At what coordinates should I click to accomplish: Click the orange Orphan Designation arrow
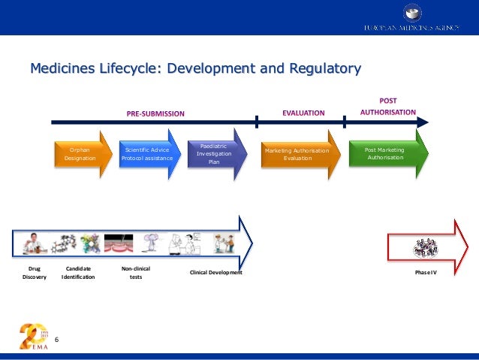coord(80,154)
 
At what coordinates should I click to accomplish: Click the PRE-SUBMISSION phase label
coord(155,113)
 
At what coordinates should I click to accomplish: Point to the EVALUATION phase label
coord(303,113)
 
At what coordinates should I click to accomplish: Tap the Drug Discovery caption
coord(35,272)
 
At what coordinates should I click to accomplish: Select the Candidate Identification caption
coord(78,272)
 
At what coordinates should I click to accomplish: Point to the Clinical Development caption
coord(216,272)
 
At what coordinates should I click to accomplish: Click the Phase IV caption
coord(425,272)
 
